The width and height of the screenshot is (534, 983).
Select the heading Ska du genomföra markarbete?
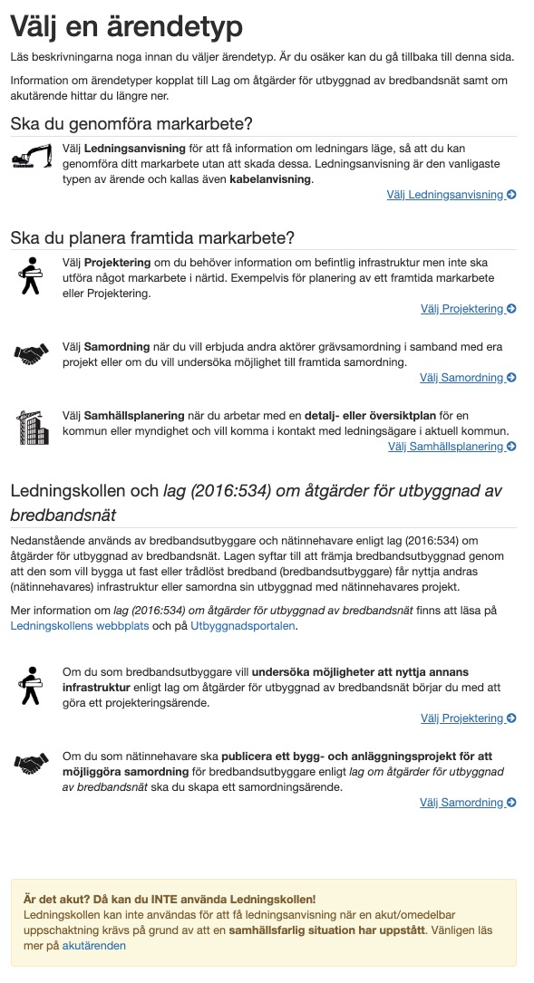tap(131, 123)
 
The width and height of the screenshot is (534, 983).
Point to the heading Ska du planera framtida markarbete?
tap(152, 238)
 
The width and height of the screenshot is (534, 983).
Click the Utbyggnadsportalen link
tap(242, 625)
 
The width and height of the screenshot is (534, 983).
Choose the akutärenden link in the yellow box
tap(94, 946)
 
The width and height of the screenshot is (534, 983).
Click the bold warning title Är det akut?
tap(170, 900)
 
